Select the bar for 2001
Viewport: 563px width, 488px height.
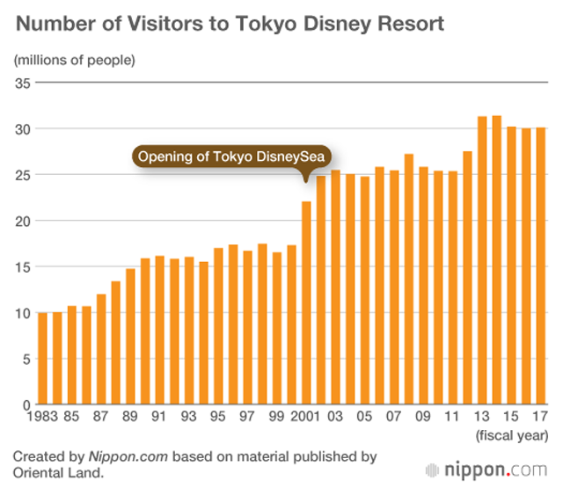click(307, 303)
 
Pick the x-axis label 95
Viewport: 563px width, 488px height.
click(218, 418)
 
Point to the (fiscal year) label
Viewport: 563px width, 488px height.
click(511, 435)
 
